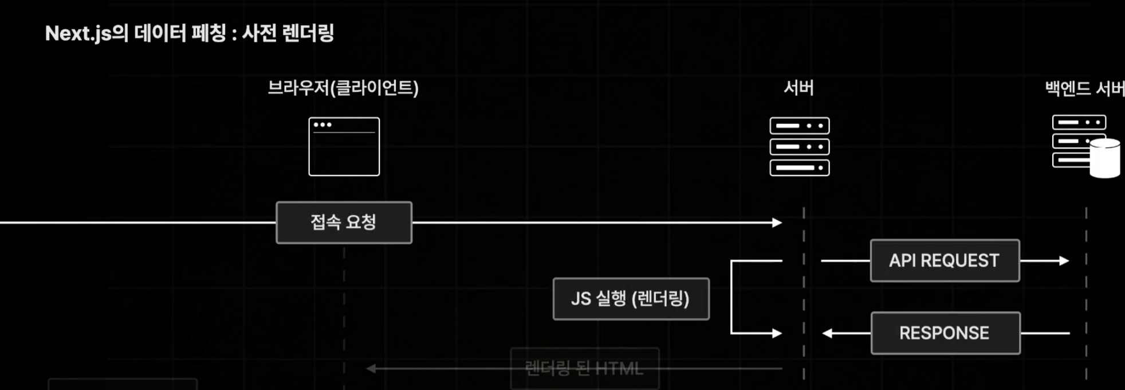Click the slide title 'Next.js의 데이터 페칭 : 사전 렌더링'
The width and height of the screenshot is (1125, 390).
coord(189,33)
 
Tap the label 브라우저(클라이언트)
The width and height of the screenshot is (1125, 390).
coord(343,88)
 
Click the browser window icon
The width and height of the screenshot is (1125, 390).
coord(344,147)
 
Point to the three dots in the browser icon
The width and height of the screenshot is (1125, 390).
coord(322,124)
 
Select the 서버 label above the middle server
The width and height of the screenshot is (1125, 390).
coord(798,88)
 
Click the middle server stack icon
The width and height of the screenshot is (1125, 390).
coord(799,147)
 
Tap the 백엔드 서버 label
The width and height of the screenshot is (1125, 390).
coord(1084,88)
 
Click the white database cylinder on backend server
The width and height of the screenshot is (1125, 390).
coord(1104,158)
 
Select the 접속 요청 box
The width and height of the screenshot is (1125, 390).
coord(344,223)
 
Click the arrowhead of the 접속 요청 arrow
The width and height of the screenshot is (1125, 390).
coord(777,223)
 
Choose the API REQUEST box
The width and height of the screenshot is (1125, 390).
coord(945,260)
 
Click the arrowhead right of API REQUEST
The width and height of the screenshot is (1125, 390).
coord(1064,260)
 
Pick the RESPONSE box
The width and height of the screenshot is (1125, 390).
coord(945,333)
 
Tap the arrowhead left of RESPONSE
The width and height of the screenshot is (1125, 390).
coord(827,333)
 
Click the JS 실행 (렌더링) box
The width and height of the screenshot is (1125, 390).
coord(631,299)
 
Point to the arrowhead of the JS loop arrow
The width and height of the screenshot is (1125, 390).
coord(777,333)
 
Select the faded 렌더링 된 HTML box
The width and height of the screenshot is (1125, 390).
coord(584,368)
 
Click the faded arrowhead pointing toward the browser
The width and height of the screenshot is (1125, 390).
coord(371,368)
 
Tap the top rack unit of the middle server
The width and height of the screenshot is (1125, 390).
coord(799,126)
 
